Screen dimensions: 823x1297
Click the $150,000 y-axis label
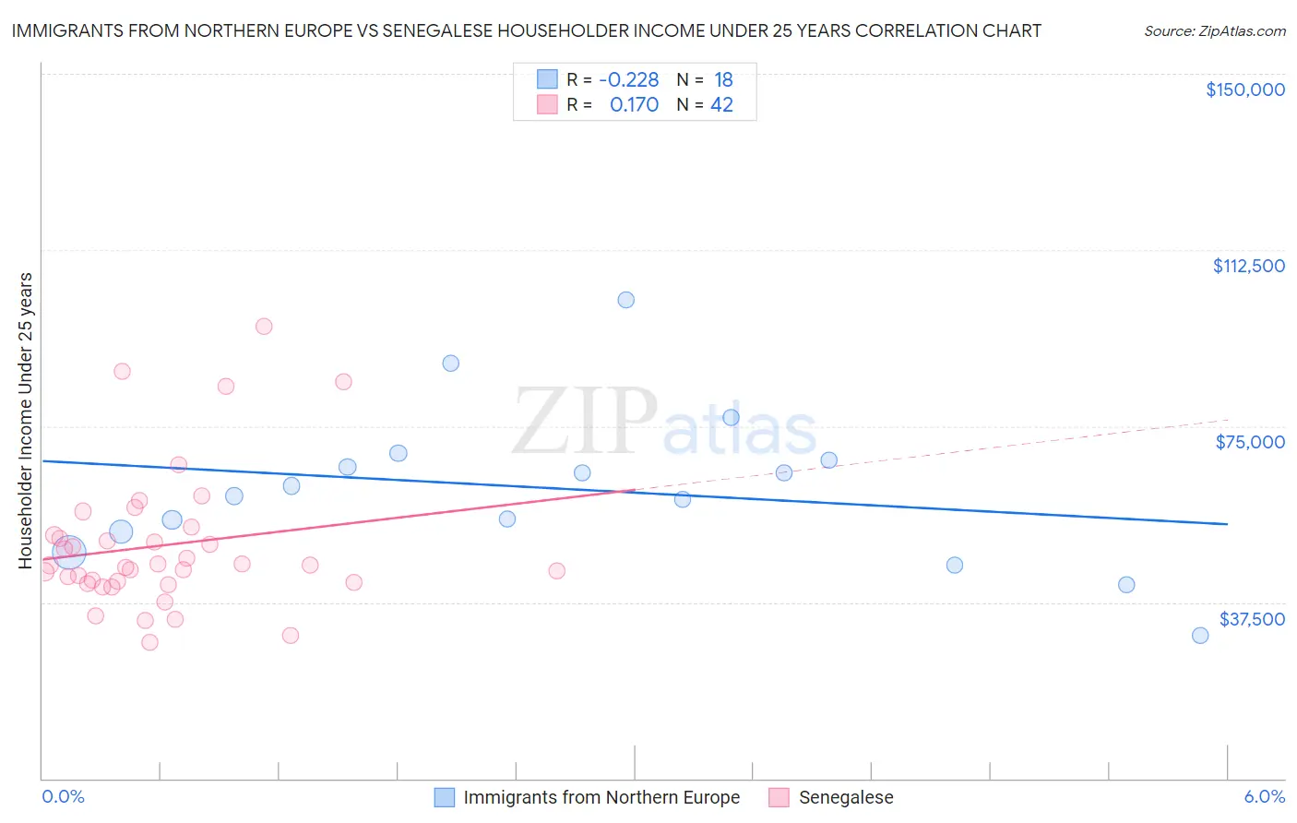(x=1244, y=89)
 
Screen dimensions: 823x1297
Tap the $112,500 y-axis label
(x=1248, y=266)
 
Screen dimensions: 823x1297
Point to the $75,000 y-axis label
(x=1250, y=442)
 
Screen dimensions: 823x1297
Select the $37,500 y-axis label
(x=1251, y=619)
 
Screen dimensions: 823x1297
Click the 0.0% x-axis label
(x=63, y=797)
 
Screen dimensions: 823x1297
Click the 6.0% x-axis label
(x=1264, y=797)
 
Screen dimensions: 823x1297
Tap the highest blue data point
(x=625, y=300)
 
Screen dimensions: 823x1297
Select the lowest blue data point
(x=1200, y=636)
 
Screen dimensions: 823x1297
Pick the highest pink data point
(x=264, y=326)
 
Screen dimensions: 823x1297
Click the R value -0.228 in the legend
(x=628, y=80)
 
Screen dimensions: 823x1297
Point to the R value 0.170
(x=634, y=105)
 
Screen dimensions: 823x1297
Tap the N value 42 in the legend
(x=721, y=105)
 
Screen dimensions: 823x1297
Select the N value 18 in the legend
(x=723, y=80)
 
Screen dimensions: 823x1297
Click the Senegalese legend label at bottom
(x=846, y=798)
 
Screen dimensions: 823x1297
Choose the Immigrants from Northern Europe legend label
(x=601, y=798)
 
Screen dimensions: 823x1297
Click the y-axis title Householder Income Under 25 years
(x=26, y=420)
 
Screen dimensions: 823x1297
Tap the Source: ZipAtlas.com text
(x=1214, y=31)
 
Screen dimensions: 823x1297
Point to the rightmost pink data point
(x=556, y=571)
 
